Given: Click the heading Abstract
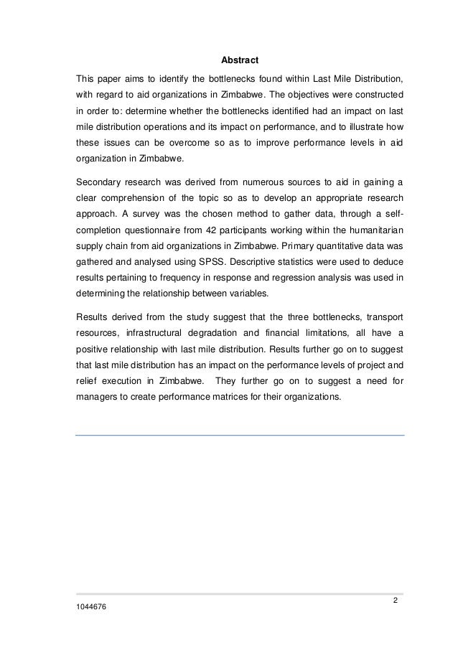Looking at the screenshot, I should coord(240,60).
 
